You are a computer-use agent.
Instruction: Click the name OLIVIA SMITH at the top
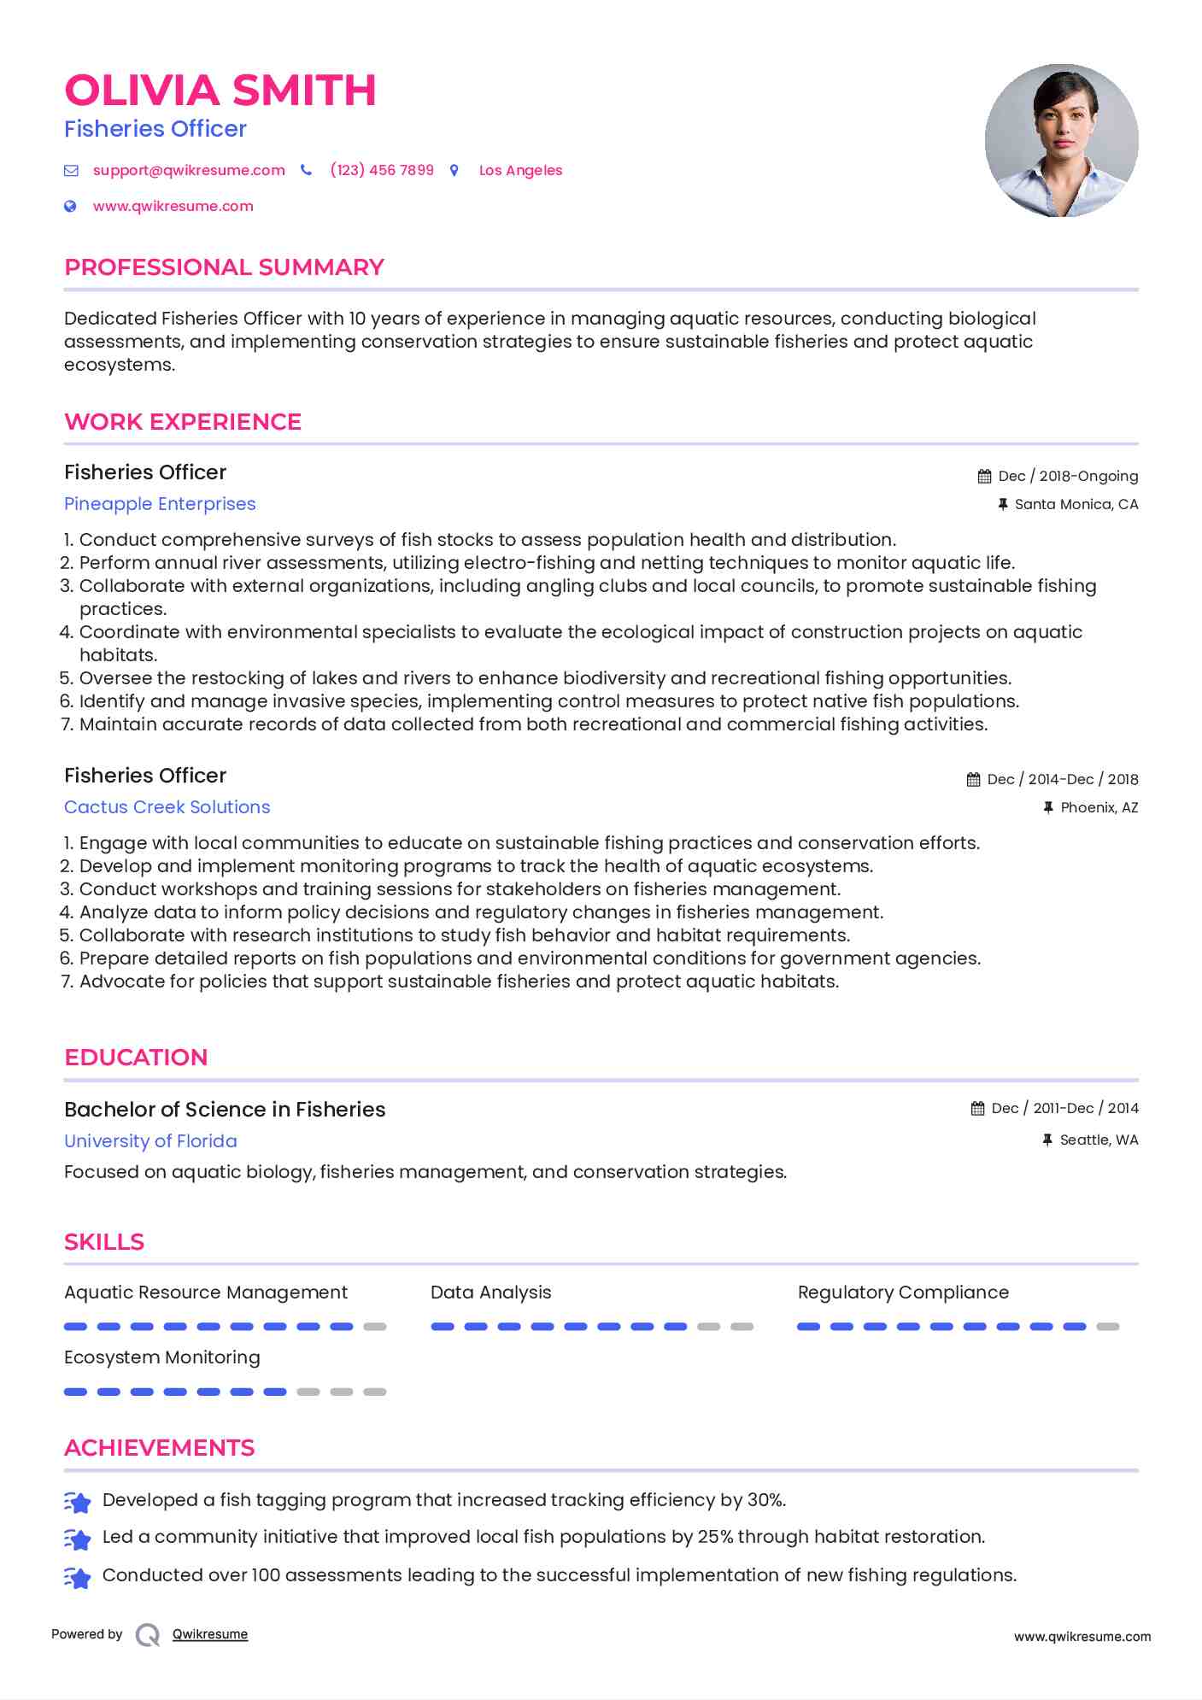pos(220,91)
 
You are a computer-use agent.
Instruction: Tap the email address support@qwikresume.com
pos(189,170)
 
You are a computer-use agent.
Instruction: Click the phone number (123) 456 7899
pos(382,170)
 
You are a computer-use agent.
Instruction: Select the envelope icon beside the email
pos(71,171)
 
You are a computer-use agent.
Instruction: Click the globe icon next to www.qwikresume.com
pos(71,206)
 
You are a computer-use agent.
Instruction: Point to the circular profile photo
pos(1061,140)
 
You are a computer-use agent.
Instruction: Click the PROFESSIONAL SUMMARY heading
pos(224,267)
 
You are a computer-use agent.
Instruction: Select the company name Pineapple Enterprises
pos(160,504)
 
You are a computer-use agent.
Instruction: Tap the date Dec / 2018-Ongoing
pos(1067,476)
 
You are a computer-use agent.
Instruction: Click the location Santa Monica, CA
pos(1076,504)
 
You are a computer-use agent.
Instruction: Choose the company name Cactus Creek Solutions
pos(167,807)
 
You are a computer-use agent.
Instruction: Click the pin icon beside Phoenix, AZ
pos(1048,807)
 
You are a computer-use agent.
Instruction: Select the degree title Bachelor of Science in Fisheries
pos(225,1110)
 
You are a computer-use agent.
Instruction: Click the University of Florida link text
pos(150,1141)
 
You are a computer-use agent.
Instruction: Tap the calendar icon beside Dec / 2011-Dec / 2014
pos(978,1109)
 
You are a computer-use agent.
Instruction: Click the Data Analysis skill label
pos(490,1293)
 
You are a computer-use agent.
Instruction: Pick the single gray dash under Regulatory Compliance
pos(1108,1327)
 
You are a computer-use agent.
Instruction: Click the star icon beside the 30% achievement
pos(78,1502)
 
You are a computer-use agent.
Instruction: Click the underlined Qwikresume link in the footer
pos(209,1634)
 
